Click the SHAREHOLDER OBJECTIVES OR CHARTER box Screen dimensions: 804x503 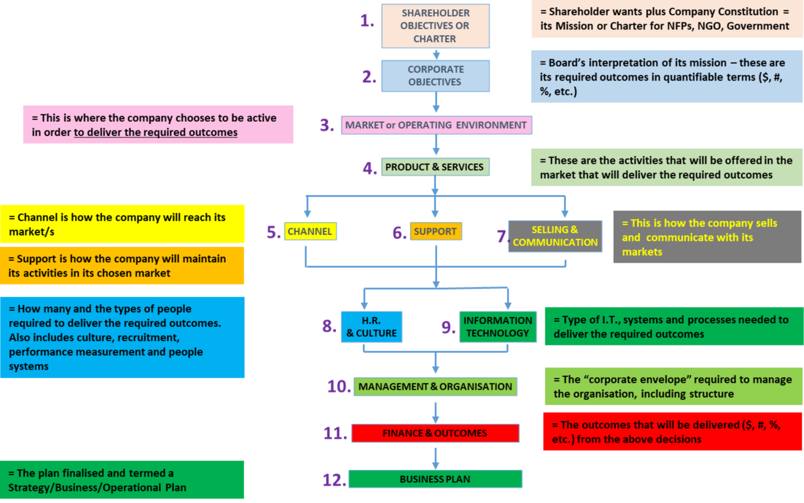(x=436, y=26)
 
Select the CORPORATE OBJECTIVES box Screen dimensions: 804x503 (x=436, y=76)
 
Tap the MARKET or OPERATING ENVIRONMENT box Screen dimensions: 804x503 (x=436, y=125)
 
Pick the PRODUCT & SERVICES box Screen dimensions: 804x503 (x=436, y=167)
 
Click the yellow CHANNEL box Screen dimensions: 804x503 (x=310, y=231)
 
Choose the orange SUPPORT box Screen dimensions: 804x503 (x=436, y=231)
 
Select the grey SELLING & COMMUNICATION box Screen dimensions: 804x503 (x=555, y=236)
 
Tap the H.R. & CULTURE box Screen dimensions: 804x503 (x=371, y=327)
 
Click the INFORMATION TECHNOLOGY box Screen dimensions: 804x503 (x=498, y=327)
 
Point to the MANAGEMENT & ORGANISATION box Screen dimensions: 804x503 (x=436, y=387)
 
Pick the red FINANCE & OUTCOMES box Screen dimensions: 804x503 (x=436, y=433)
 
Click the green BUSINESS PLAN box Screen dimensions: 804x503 (x=436, y=479)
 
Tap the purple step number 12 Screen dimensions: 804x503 (x=334, y=480)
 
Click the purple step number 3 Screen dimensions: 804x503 (x=326, y=125)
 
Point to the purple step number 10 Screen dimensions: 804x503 (x=339, y=387)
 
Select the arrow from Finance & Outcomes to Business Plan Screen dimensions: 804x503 (x=436, y=459)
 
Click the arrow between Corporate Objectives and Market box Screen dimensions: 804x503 (x=436, y=102)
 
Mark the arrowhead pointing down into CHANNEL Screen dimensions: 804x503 (x=307, y=213)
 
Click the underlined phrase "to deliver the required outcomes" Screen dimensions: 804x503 (x=156, y=132)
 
